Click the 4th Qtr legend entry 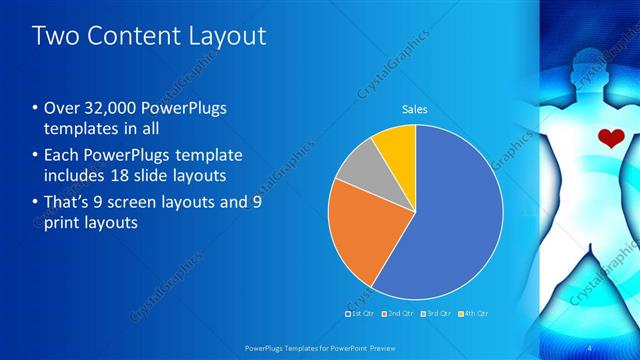pyautogui.click(x=474, y=314)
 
